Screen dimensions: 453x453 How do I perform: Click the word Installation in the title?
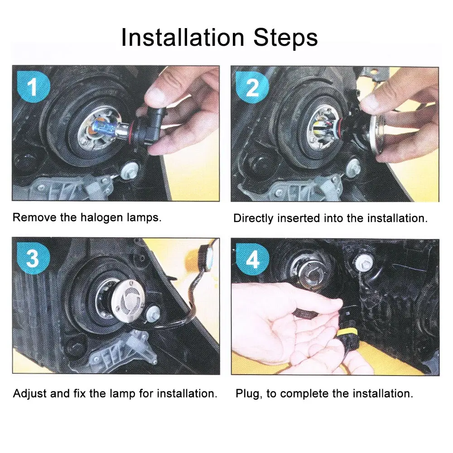183,37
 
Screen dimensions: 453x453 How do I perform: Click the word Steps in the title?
285,37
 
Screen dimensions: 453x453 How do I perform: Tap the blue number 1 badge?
34,87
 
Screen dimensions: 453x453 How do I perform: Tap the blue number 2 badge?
252,87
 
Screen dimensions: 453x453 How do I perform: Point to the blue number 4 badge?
252,259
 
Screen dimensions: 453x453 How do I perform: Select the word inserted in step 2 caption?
299,218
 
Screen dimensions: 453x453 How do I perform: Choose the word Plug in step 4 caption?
249,394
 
